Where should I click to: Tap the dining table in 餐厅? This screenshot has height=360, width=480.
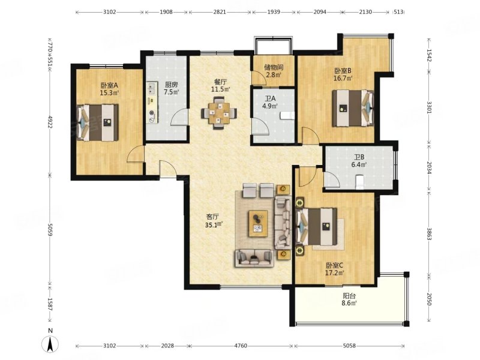coord(219,113)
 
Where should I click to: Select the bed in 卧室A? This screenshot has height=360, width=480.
coord(97,123)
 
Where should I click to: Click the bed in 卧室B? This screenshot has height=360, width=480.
coord(353,108)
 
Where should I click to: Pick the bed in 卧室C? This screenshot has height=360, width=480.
coord(317,227)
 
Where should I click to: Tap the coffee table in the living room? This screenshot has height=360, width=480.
coord(258,223)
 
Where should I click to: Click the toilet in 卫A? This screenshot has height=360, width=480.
coord(287,115)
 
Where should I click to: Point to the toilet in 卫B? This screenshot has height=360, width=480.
coord(360,182)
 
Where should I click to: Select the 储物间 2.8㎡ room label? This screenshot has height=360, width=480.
coord(273,71)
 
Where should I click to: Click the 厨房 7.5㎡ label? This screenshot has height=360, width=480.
coord(171,88)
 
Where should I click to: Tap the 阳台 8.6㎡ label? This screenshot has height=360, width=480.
coord(349,299)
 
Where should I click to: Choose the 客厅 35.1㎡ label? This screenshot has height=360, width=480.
coord(214,221)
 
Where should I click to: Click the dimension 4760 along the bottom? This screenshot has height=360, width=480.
coord(241,346)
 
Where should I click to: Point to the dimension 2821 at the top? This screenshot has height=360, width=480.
coord(220,12)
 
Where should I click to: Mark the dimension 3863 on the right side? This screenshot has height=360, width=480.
coord(429,234)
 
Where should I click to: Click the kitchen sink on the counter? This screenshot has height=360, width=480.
coord(151,88)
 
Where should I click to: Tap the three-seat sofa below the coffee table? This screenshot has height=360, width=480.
coord(254,258)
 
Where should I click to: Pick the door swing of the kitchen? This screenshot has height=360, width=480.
coord(179,117)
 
